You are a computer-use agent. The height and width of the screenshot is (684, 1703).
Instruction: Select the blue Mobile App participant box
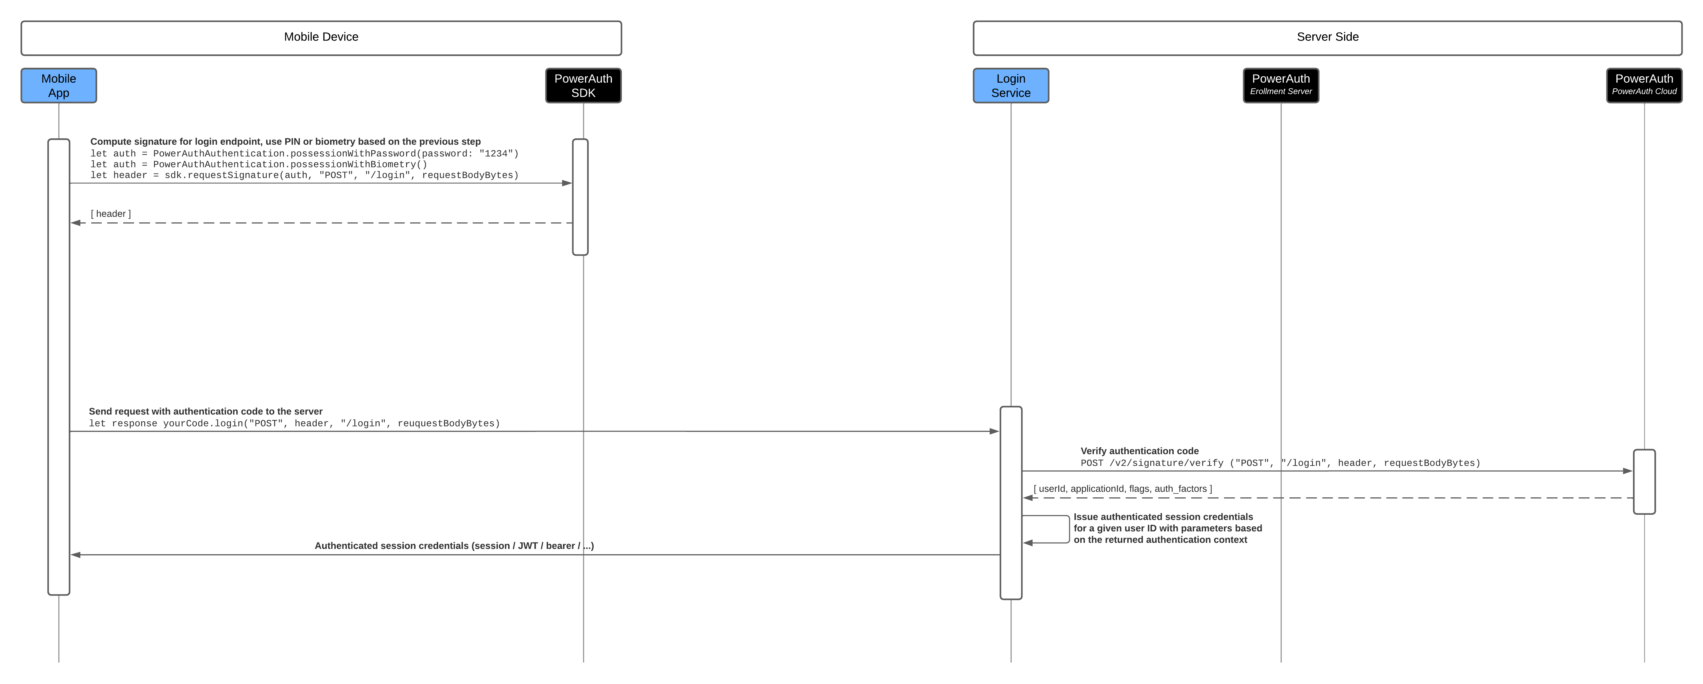point(59,85)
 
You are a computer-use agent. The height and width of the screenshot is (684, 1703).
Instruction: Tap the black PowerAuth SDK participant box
point(583,85)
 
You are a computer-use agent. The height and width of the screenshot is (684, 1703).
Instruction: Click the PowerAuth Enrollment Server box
point(1281,85)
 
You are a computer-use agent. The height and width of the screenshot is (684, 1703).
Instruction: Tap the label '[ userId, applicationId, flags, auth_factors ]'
point(1123,489)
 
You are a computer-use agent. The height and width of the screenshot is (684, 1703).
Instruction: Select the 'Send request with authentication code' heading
point(205,412)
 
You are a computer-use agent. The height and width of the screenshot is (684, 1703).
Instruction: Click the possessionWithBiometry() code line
point(258,164)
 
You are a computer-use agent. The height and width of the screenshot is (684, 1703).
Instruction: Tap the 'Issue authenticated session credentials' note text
point(1167,528)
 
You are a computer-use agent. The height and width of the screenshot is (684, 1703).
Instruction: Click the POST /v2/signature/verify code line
point(1280,463)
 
